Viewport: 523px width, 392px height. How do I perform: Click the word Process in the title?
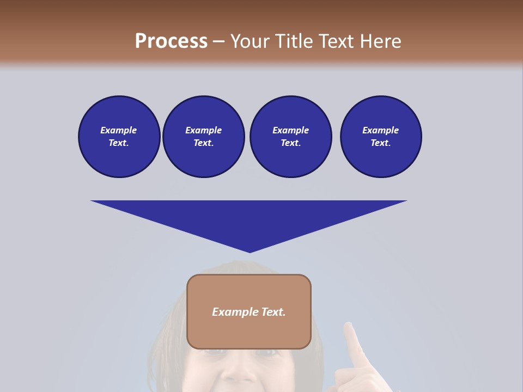171,41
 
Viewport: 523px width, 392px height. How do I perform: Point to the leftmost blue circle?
119,137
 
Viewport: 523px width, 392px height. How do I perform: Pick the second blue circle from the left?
203,137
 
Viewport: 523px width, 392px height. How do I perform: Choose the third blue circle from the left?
290,137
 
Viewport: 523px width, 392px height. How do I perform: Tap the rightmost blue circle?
380,137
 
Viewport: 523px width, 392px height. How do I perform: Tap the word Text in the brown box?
273,312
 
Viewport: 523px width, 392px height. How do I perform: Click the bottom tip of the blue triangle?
250,252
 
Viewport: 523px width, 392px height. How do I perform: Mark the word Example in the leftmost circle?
119,130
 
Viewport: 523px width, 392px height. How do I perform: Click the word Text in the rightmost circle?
380,143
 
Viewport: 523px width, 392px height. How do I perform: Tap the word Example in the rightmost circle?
380,130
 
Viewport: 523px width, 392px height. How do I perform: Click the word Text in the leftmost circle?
118,143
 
